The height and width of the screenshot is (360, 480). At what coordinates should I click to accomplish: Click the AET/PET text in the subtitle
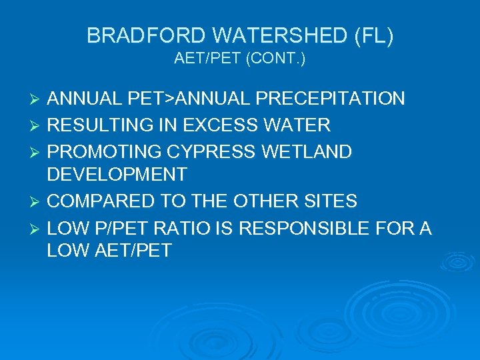[207, 59]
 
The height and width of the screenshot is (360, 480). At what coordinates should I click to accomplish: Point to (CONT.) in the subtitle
[276, 59]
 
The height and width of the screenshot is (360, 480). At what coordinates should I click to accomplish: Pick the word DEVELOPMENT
[117, 175]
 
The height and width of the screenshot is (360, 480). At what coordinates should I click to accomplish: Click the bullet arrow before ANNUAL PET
[37, 100]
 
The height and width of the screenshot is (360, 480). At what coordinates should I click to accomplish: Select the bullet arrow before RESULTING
[37, 125]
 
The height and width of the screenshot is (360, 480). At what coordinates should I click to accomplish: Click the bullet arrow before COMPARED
[37, 201]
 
